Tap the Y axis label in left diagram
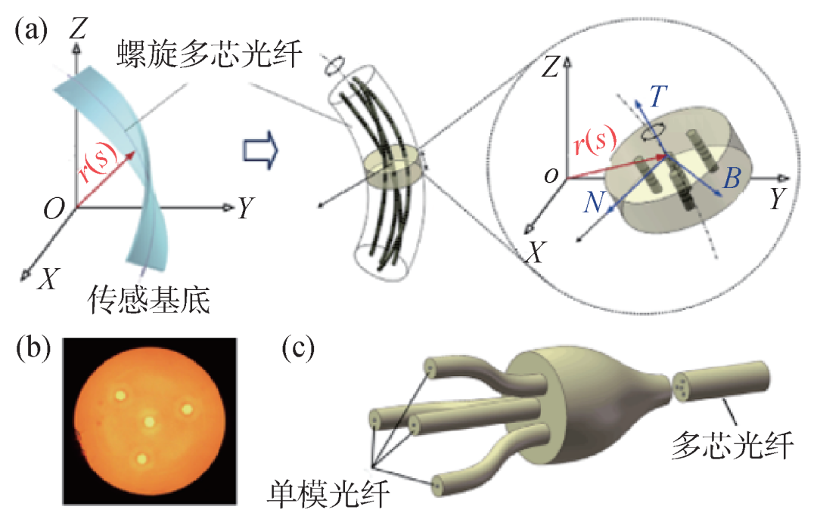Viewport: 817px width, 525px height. coord(244,209)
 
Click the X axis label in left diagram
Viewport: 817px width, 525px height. coord(48,280)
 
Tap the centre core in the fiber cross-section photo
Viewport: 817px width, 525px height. coord(150,421)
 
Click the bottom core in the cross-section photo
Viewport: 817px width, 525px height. coord(141,458)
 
